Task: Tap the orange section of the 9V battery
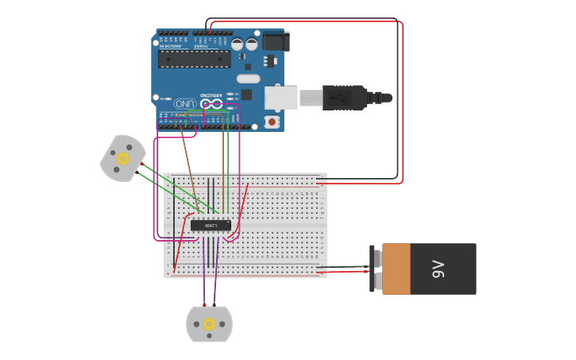pyautogui.click(x=396, y=269)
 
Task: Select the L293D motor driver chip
pyautogui.click(x=211, y=226)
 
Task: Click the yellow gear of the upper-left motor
pyautogui.click(x=122, y=159)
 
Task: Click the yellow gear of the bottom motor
pyautogui.click(x=209, y=324)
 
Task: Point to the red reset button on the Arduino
pyautogui.click(x=273, y=122)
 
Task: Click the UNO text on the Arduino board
pyautogui.click(x=184, y=103)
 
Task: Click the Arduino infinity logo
pyautogui.click(x=211, y=103)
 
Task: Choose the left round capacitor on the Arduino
pyautogui.click(x=238, y=45)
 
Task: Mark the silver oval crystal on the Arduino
pyautogui.click(x=248, y=79)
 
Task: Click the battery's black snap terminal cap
pyautogui.click(x=377, y=269)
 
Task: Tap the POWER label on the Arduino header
pyautogui.click(x=202, y=45)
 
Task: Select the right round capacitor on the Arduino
pyautogui.click(x=252, y=45)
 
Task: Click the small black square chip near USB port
pyautogui.click(x=246, y=95)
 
